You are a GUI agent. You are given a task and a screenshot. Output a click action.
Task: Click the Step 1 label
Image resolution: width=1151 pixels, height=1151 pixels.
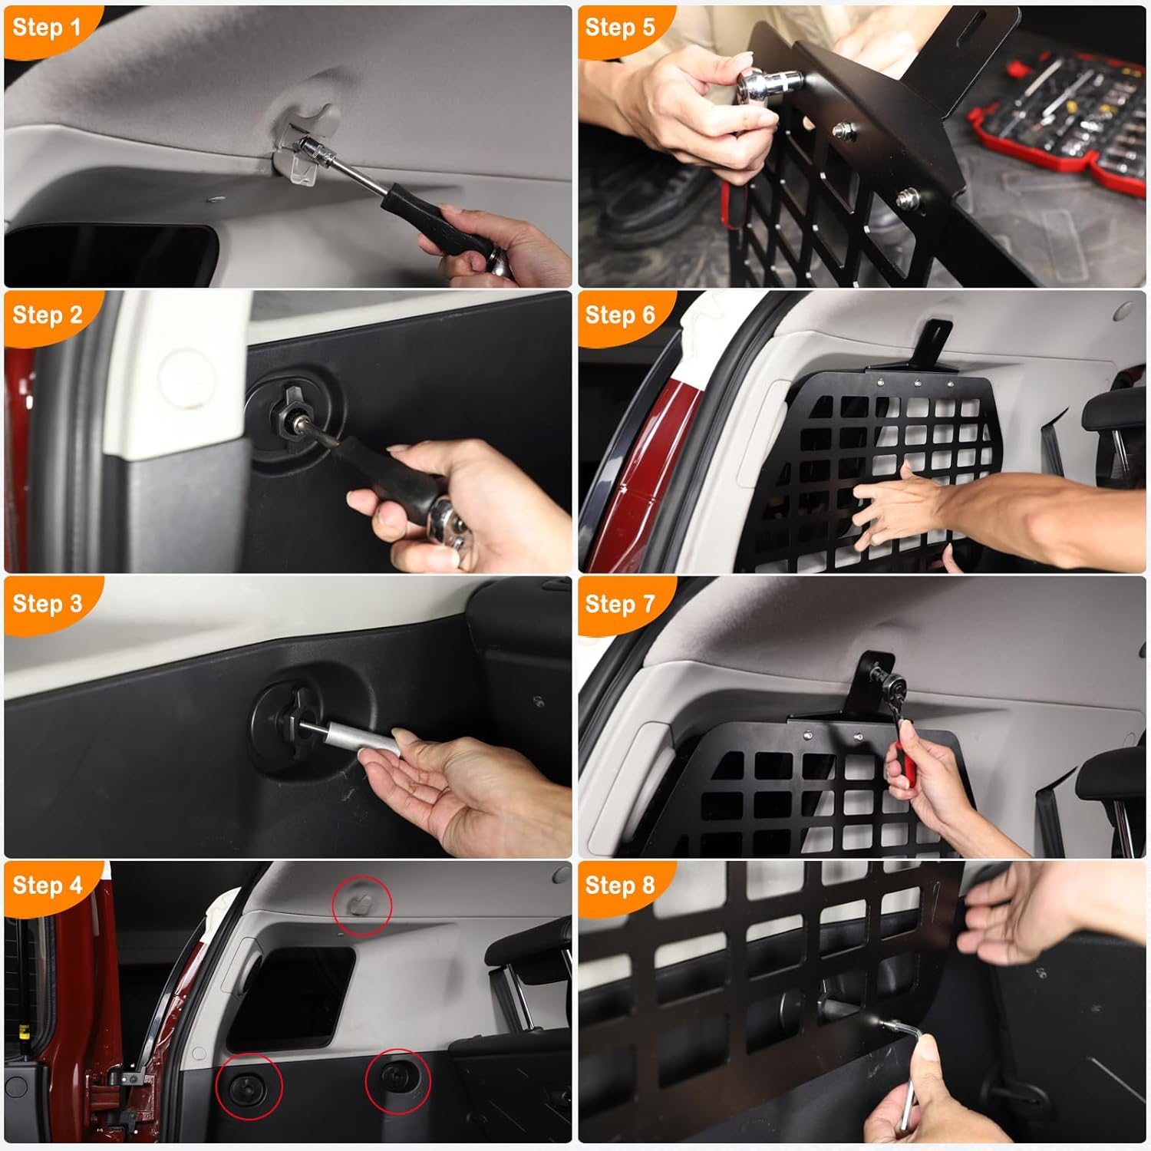[x=46, y=28]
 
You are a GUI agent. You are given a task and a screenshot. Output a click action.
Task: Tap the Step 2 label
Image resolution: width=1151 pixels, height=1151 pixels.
[x=47, y=315]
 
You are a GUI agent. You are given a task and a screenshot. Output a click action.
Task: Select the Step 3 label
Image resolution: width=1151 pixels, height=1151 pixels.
[x=47, y=604]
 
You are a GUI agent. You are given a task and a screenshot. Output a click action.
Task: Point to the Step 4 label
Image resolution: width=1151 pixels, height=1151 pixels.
[x=47, y=886]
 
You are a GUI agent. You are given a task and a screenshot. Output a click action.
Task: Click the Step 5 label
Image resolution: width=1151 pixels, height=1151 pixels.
[x=619, y=28]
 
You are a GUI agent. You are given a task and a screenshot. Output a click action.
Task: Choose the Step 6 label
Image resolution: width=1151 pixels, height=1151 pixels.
[x=619, y=315]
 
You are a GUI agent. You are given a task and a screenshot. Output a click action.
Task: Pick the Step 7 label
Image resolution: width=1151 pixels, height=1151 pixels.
[x=619, y=604]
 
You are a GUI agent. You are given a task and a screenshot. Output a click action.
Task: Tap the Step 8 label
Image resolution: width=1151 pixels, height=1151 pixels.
[x=619, y=886]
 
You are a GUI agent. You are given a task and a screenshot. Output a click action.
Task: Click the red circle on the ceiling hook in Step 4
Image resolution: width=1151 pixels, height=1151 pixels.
[x=362, y=905]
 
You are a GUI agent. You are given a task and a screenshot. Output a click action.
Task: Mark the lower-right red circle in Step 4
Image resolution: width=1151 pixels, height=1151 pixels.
[x=397, y=1080]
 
